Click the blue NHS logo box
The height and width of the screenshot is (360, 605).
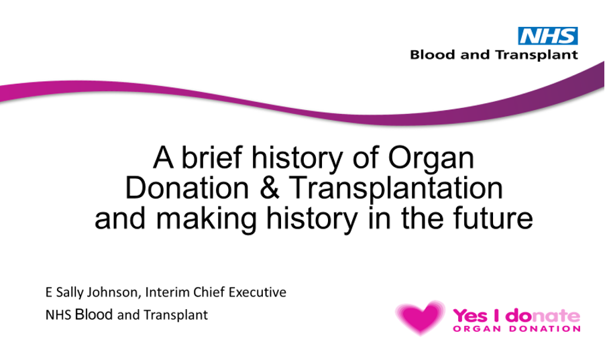click(x=547, y=36)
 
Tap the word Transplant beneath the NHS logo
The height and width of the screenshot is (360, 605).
click(x=537, y=55)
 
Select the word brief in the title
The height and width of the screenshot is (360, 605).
click(x=211, y=158)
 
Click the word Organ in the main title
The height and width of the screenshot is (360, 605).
click(x=431, y=159)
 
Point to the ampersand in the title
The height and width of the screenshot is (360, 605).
click(x=270, y=188)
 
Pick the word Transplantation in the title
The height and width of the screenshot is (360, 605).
click(x=396, y=189)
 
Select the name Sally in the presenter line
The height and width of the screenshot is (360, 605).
click(x=70, y=292)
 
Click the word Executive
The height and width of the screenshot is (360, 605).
click(x=258, y=292)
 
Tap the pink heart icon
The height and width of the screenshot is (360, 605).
click(x=421, y=317)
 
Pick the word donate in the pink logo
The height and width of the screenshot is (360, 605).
click(x=543, y=316)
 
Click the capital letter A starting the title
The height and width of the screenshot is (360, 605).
click(x=163, y=158)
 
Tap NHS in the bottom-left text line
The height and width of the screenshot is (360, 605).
click(x=58, y=315)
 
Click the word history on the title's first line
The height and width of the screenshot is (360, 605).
click(x=297, y=159)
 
